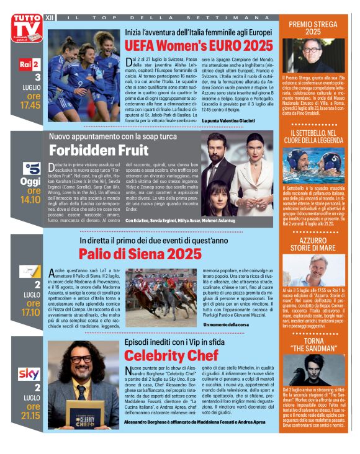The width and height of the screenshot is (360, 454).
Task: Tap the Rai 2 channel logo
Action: (29, 65)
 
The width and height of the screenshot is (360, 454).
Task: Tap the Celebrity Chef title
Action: (171, 355)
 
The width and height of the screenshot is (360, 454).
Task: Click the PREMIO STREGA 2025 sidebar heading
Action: (313, 27)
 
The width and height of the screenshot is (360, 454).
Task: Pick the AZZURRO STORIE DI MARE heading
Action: (313, 244)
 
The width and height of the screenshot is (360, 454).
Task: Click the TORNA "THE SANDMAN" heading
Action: (313, 345)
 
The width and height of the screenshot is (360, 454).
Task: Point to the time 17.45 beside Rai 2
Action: (29, 105)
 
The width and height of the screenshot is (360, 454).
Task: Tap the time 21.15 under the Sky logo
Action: (30, 415)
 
